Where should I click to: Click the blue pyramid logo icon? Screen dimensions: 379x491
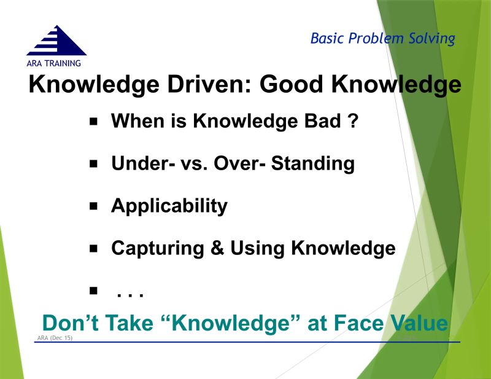click(56, 41)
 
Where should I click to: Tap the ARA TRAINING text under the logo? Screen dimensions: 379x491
click(53, 63)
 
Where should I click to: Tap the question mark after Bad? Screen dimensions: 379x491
click(352, 121)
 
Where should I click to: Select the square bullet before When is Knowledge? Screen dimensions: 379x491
click(94, 122)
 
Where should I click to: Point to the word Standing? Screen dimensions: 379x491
click(314, 163)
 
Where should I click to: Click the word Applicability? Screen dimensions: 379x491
click(169, 206)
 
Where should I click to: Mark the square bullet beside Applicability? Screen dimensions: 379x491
click(94, 206)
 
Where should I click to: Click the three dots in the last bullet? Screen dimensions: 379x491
click(130, 294)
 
